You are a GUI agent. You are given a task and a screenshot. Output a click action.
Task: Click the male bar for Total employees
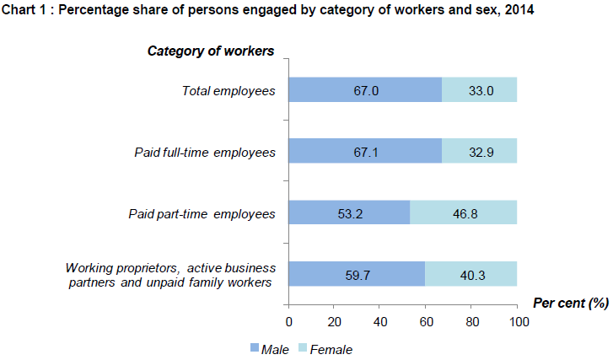click(365, 89)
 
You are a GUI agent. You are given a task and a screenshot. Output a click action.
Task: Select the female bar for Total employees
click(479, 89)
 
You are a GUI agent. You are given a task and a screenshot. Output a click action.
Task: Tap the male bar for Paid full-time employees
click(365, 151)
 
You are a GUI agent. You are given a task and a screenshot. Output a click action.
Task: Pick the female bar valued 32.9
click(479, 151)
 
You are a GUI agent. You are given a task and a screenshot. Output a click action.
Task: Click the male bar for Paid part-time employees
click(349, 212)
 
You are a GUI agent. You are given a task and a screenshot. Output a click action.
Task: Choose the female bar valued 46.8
click(463, 212)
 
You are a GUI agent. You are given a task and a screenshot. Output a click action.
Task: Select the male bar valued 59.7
click(357, 274)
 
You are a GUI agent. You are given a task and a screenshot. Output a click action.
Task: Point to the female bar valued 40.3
click(471, 274)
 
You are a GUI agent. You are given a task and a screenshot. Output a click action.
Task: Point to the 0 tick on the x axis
click(289, 321)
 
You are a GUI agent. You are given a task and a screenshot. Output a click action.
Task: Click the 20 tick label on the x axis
click(335, 321)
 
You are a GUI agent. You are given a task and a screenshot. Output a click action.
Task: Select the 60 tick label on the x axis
click(427, 321)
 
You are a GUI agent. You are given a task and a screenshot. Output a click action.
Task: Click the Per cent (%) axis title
click(570, 301)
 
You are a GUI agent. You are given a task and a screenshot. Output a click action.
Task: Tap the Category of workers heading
click(211, 51)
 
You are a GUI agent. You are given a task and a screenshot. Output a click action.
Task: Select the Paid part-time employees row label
click(205, 213)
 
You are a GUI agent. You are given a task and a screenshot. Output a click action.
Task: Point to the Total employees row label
click(229, 90)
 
